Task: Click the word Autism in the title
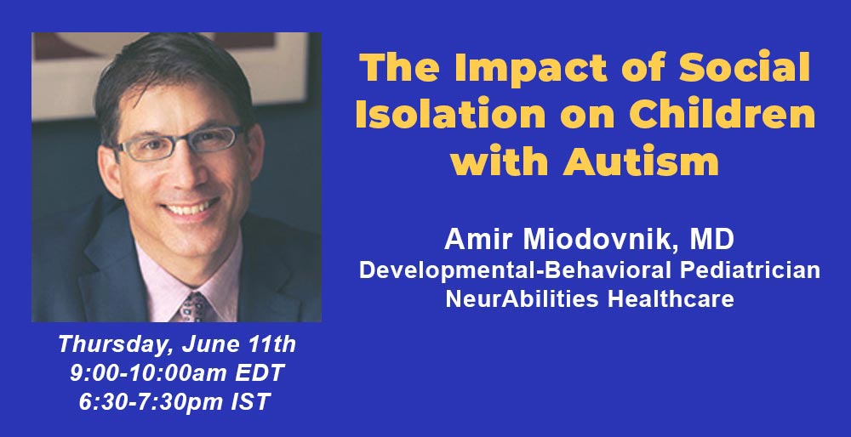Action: click(x=641, y=161)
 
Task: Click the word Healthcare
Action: click(x=671, y=298)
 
